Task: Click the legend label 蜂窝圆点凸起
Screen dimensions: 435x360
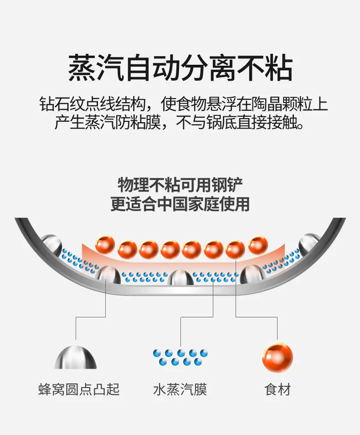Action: coord(79,389)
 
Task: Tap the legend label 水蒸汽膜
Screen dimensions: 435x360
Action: coord(180,389)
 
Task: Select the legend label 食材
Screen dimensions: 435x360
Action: coord(277,389)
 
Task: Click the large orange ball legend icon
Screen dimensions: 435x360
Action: coord(277,357)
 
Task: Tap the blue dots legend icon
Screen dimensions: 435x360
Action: coord(180,357)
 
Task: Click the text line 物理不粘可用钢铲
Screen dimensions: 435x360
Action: coord(180,185)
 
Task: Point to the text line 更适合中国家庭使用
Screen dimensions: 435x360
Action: coord(180,204)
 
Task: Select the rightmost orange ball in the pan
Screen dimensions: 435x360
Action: coord(258,245)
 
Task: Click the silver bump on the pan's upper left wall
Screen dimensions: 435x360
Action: coord(51,244)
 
